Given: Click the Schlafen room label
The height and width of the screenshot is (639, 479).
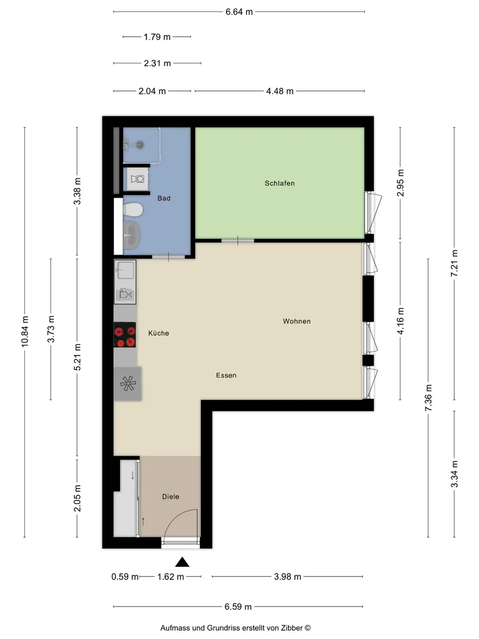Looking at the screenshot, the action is [x=279, y=183].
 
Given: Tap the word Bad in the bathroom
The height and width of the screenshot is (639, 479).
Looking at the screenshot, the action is [x=164, y=198].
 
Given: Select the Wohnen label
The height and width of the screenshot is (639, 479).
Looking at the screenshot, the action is [x=296, y=321].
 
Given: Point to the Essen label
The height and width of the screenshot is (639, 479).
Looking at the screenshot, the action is [x=226, y=375].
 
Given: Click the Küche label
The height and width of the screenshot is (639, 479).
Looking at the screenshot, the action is [x=158, y=333].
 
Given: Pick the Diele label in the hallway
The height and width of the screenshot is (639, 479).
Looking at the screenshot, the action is [x=171, y=496].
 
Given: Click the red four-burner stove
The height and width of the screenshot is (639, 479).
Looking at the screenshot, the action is [x=125, y=335].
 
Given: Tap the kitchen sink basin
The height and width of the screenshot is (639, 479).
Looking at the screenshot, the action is [x=125, y=270].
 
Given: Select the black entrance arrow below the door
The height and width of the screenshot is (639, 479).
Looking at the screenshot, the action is [x=182, y=563].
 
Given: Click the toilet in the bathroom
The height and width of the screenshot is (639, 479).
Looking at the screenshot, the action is [x=132, y=211].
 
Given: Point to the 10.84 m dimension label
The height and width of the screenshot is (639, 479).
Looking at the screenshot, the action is [x=25, y=332].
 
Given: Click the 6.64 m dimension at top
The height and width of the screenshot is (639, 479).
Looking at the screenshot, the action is [x=239, y=12].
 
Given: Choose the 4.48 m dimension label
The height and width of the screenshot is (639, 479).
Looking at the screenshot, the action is [x=280, y=91].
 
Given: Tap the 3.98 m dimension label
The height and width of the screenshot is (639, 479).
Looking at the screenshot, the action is [x=287, y=577].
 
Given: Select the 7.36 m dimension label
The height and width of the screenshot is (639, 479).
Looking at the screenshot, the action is [x=428, y=398].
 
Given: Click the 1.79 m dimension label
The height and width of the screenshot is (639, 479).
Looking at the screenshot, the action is [x=157, y=37].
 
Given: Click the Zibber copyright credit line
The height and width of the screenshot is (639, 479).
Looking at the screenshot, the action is [x=235, y=628].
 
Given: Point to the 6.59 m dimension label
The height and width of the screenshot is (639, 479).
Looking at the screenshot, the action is [x=238, y=607].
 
